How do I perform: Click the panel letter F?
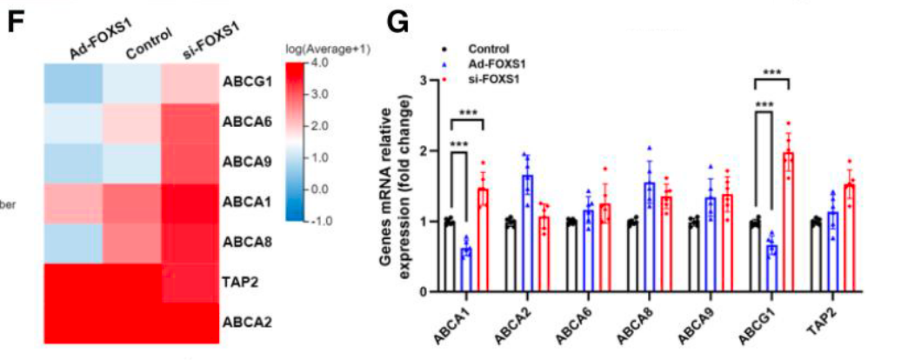pyautogui.click(x=15, y=22)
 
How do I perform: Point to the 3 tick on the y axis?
pyautogui.click(x=423, y=81)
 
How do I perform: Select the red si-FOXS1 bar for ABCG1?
pyautogui.click(x=788, y=222)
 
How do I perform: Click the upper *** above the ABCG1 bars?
pyautogui.click(x=771, y=73)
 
